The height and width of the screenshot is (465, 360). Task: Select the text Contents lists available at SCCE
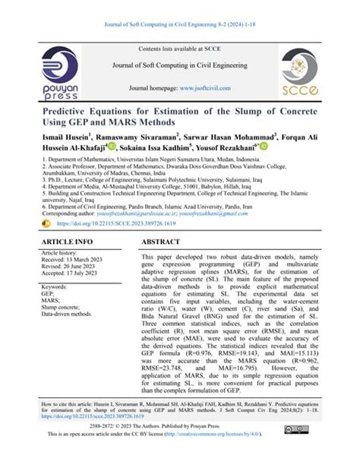coord(179,49)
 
